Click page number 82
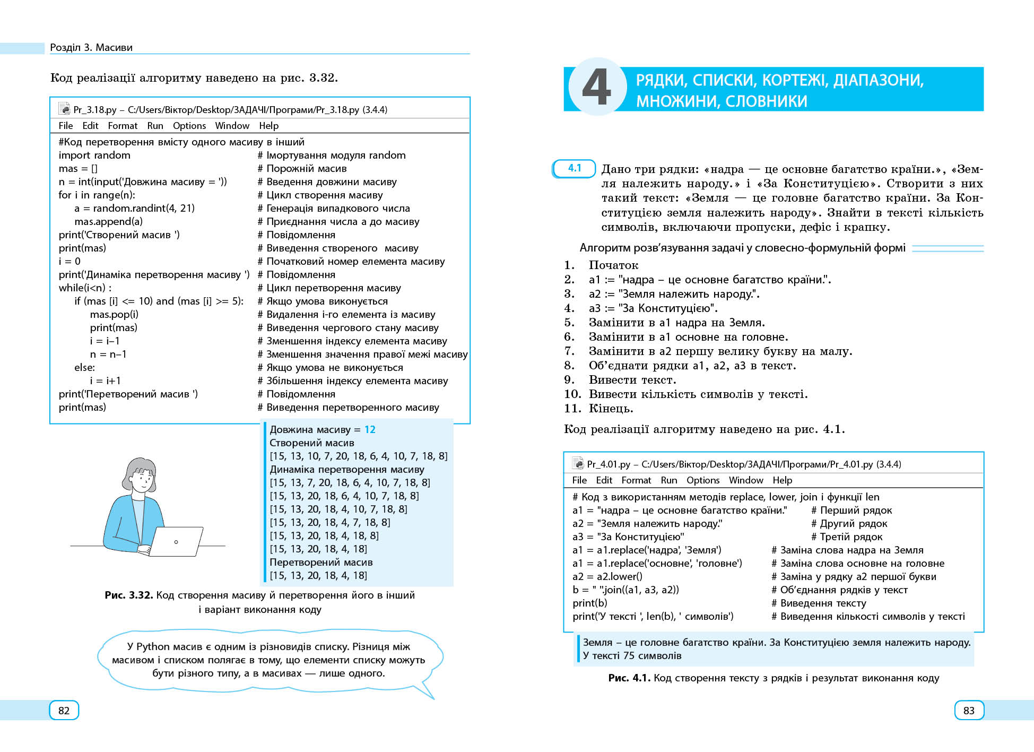pyautogui.click(x=64, y=711)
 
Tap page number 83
pyautogui.click(x=969, y=711)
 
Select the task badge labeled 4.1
pyautogui.click(x=574, y=168)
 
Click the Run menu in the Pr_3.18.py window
pyautogui.click(x=155, y=126)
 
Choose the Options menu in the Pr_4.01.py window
pyautogui.click(x=703, y=480)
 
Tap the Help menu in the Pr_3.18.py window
pyautogui.click(x=268, y=126)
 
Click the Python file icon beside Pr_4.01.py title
pyautogui.click(x=578, y=464)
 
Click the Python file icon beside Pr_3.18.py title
pyautogui.click(x=64, y=109)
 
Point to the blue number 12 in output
pyautogui.click(x=370, y=429)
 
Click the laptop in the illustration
pyautogui.click(x=176, y=541)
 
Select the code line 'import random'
pyautogui.click(x=94, y=155)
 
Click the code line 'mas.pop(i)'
pyautogui.click(x=114, y=314)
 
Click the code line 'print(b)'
pyautogui.click(x=589, y=603)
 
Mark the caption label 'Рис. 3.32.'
pyautogui.click(x=128, y=595)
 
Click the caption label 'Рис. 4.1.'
pyautogui.click(x=629, y=678)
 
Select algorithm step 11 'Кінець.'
pyautogui.click(x=611, y=409)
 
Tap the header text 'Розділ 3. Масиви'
pyautogui.click(x=91, y=47)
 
